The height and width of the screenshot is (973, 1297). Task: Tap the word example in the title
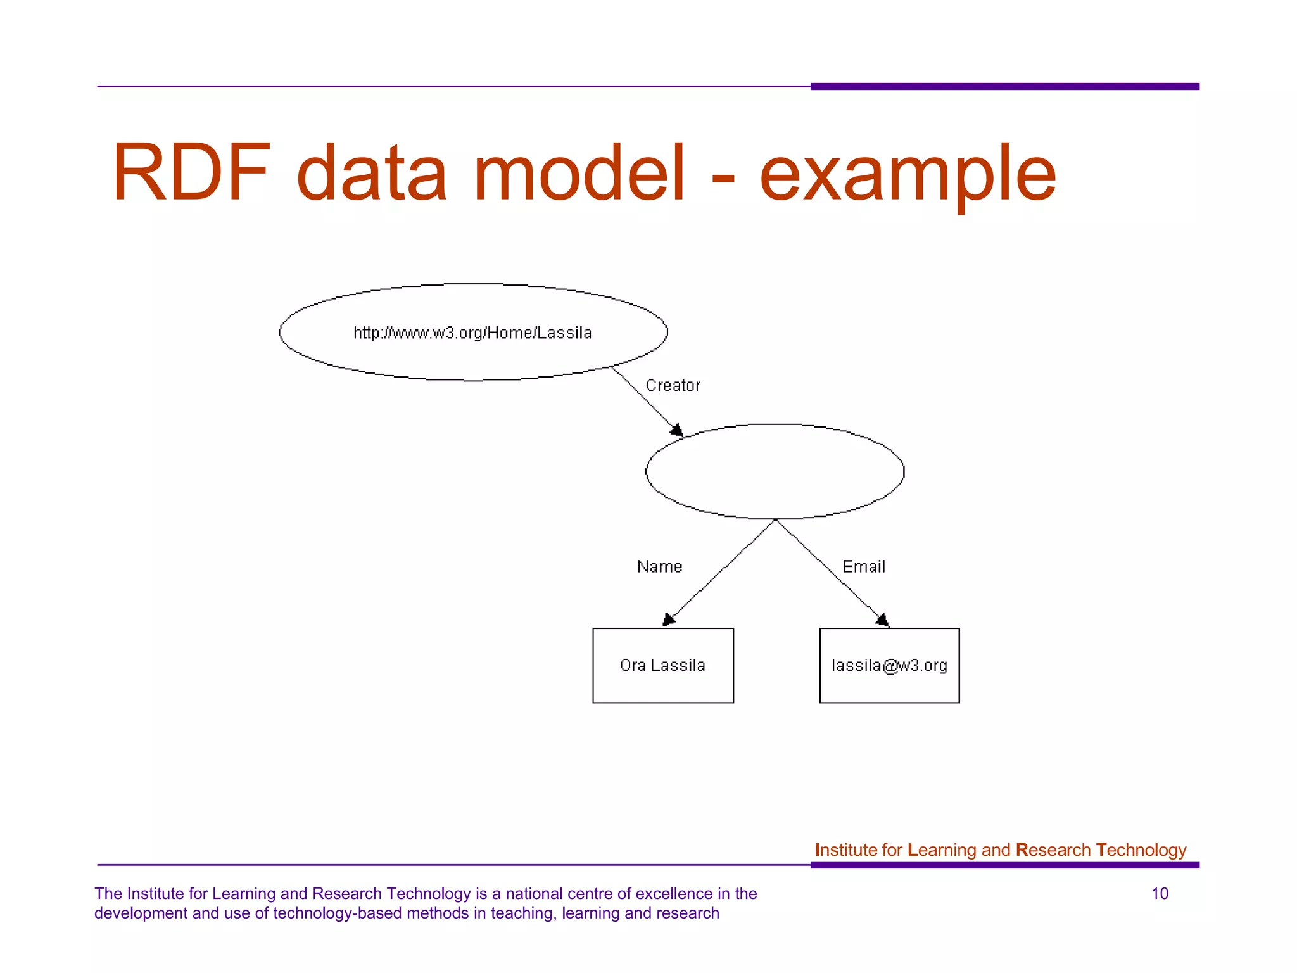[907, 175]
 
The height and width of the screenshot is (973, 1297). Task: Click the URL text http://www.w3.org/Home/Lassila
[472, 333]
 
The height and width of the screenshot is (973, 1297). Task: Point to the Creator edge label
[673, 385]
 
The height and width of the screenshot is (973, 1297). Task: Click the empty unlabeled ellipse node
[775, 471]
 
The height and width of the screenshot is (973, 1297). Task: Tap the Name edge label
[659, 566]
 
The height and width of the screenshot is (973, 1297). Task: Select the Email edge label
[863, 566]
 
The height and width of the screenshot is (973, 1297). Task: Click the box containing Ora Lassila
[662, 665]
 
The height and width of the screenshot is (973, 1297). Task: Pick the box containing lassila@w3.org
[889, 665]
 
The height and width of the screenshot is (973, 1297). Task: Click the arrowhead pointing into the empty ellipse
[677, 430]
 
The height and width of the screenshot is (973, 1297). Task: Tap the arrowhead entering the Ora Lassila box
[668, 620]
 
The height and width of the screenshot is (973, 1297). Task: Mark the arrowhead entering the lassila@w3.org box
[883, 620]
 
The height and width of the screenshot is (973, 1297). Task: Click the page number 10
[1160, 894]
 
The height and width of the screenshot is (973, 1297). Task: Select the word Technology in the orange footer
[1141, 850]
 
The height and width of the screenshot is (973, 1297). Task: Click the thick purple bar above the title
[1004, 86]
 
